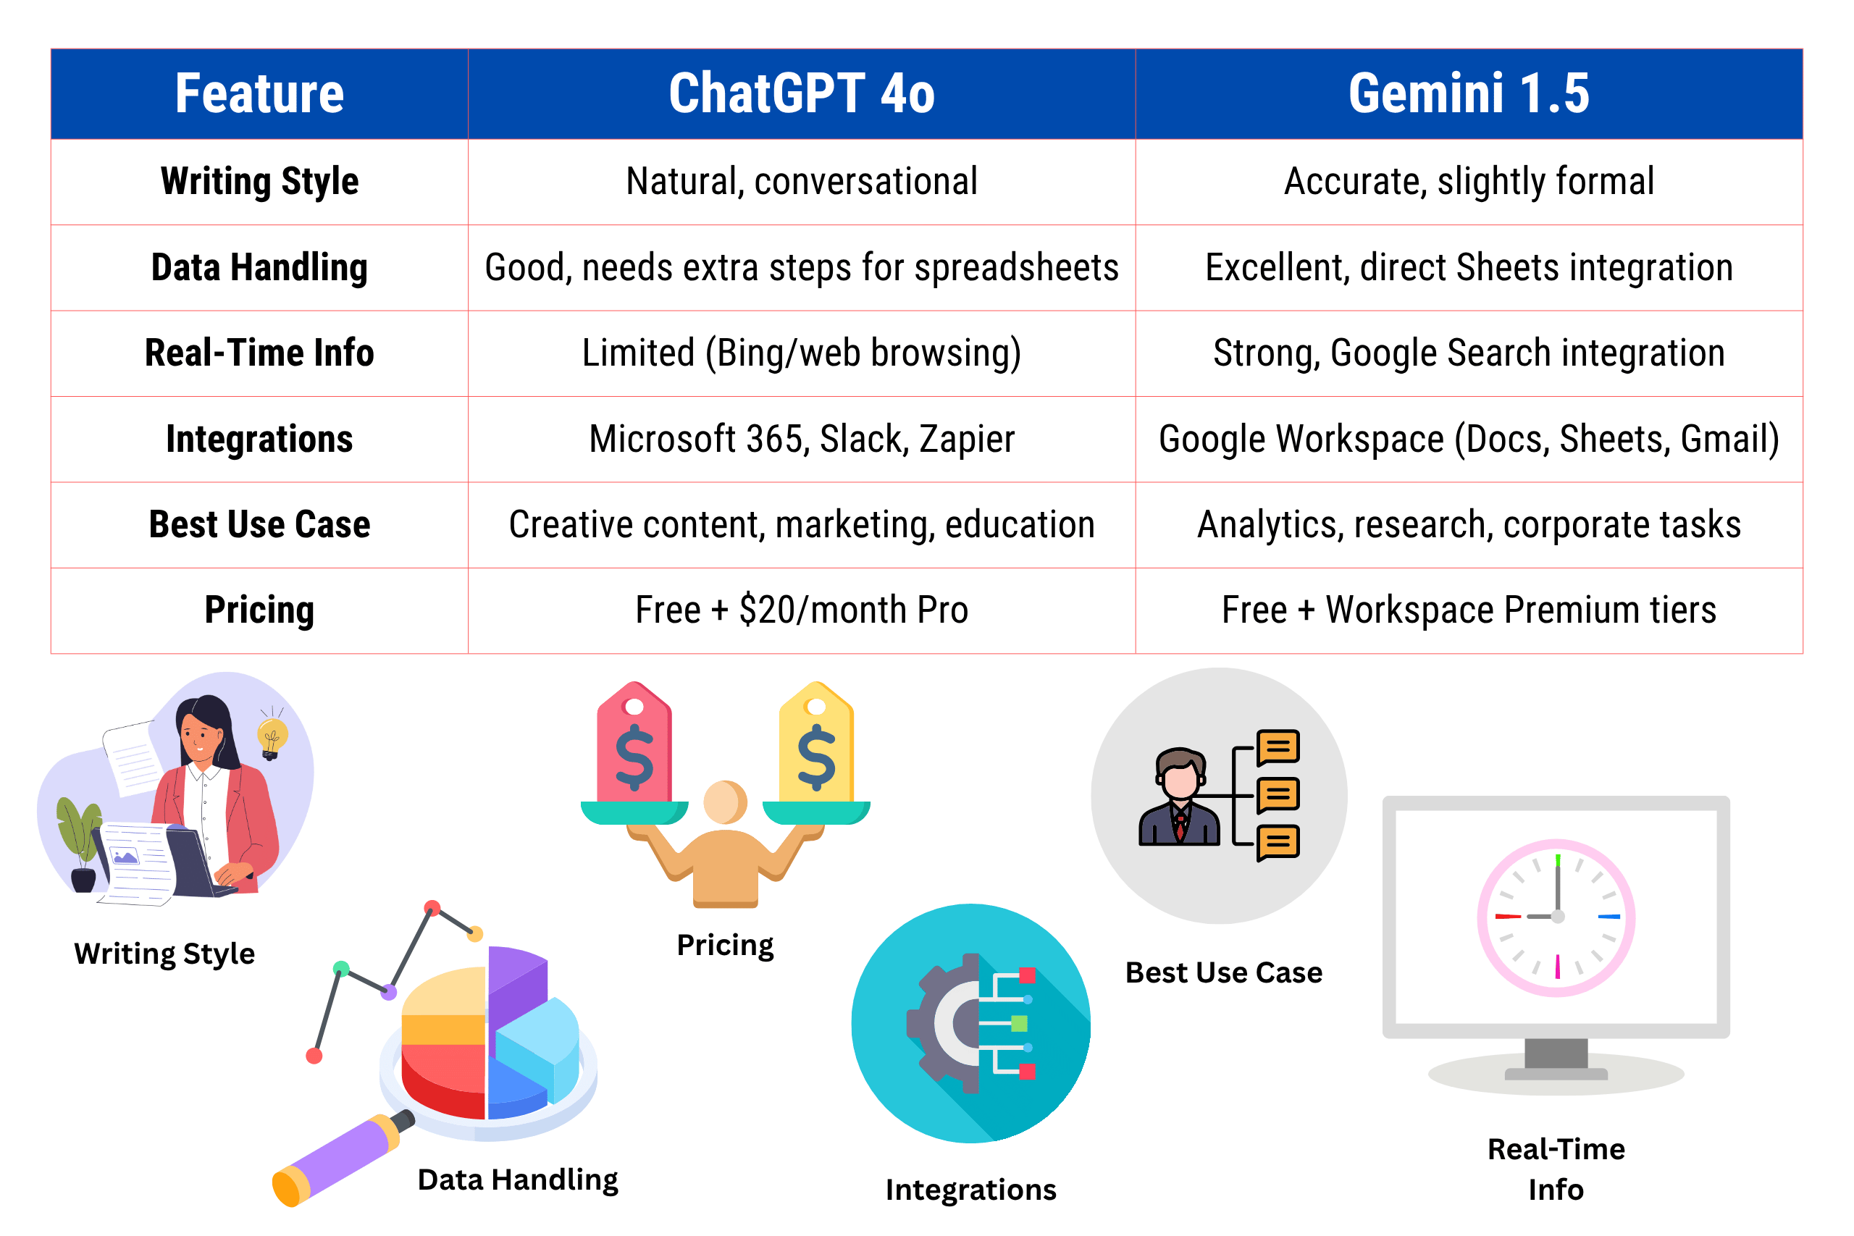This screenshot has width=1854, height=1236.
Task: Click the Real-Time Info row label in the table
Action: pos(259,353)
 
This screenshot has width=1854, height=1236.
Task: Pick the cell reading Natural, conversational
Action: pos(802,181)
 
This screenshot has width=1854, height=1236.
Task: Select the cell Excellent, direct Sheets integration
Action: pos(1469,267)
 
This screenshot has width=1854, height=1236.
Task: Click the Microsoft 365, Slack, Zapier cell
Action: pos(802,439)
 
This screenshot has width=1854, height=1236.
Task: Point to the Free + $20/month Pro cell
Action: pos(802,610)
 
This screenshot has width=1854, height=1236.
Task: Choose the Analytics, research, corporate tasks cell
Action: pos(1469,525)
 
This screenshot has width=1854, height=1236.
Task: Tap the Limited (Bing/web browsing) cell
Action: pos(802,353)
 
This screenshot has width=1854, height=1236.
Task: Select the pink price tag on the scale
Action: pos(634,743)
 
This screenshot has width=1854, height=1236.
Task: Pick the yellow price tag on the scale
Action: pos(817,743)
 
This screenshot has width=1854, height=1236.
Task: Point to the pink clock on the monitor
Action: pos(1556,917)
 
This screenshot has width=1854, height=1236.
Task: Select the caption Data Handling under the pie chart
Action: pos(518,1180)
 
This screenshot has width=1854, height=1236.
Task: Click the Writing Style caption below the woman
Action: pos(164,954)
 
